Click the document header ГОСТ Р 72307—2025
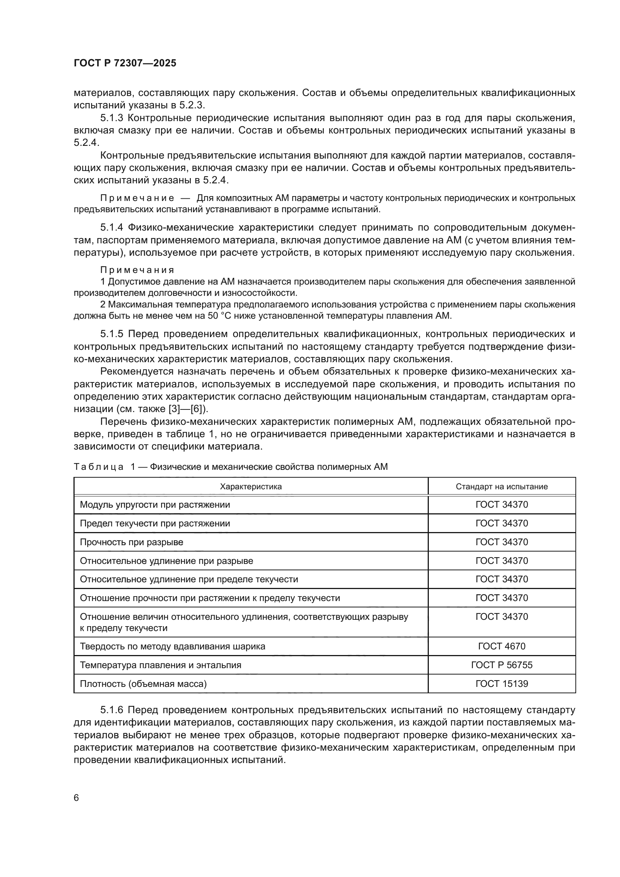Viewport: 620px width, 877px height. tap(125, 63)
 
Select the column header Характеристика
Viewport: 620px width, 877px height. tap(251, 486)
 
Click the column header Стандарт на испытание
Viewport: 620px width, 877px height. tap(502, 486)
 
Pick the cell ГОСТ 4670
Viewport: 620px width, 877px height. tap(502, 646)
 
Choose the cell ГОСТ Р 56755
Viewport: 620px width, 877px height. tap(502, 665)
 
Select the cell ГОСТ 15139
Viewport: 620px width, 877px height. tap(502, 684)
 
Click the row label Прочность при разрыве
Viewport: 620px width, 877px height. tap(131, 542)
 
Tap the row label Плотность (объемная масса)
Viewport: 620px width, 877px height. tap(143, 684)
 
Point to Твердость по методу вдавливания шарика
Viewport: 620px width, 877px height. tap(172, 646)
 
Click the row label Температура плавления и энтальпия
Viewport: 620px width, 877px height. tap(160, 665)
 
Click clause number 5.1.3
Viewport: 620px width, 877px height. tap(112, 118)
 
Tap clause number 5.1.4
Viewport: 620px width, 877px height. tap(112, 228)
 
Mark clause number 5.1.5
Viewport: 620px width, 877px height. tap(112, 334)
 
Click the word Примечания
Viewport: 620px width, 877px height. tap(137, 270)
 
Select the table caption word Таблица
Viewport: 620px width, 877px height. tap(99, 467)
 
